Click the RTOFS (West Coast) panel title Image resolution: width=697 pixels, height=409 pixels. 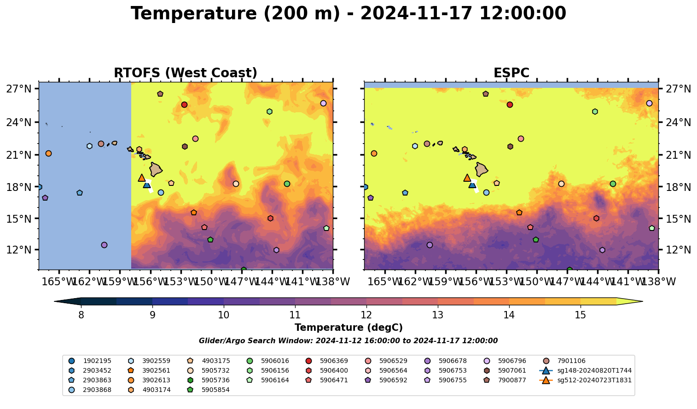tap(186, 73)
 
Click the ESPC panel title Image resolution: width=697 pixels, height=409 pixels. tap(511, 73)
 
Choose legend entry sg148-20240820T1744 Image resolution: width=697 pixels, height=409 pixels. tap(594, 371)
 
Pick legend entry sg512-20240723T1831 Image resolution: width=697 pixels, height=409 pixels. tap(594, 380)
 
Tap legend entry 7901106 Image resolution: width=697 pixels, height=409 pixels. tap(571, 361)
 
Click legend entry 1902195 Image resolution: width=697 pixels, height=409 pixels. tap(97, 361)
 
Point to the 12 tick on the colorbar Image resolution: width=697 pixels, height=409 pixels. tap(366, 315)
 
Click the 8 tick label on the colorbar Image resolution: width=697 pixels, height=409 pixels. tap(81, 315)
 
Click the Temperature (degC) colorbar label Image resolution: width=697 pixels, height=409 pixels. tap(348, 328)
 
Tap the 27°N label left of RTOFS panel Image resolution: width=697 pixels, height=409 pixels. tap(18, 89)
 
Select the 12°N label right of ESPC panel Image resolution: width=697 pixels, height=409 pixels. tap(679, 250)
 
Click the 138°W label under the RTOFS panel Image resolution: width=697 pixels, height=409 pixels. tap(333, 281)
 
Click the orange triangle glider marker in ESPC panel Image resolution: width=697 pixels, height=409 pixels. tap(467, 178)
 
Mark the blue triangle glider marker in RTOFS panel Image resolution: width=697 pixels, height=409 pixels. tap(147, 184)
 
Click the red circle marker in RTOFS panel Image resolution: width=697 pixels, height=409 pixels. tap(184, 105)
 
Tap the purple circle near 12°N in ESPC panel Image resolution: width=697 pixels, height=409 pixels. tap(430, 245)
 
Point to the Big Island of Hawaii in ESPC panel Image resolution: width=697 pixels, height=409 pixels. tap(481, 169)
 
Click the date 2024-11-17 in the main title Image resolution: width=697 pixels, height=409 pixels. tap(416, 14)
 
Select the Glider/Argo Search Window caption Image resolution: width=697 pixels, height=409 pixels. tap(348, 341)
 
